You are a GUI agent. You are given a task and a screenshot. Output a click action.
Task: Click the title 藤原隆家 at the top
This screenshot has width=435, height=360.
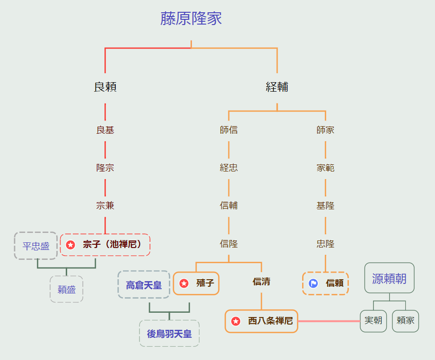(x=191, y=19)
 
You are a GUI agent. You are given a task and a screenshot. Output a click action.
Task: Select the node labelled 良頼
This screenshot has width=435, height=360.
(x=105, y=87)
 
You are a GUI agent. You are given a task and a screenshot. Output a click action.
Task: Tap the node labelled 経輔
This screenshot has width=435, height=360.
(x=277, y=87)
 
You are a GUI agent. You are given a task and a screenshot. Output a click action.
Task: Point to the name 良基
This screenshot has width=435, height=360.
(x=105, y=130)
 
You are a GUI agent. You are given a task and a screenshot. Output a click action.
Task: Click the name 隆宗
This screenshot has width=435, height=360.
(x=105, y=168)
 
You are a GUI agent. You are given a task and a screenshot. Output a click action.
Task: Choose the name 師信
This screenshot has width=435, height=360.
(x=229, y=130)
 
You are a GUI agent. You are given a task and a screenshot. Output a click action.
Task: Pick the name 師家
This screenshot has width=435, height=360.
(x=325, y=130)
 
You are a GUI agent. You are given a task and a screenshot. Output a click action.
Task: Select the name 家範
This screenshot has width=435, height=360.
(x=325, y=168)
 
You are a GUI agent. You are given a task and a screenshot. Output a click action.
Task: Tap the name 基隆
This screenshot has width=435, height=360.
(x=325, y=206)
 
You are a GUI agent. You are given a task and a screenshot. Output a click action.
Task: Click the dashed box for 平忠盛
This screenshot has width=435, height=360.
(x=36, y=246)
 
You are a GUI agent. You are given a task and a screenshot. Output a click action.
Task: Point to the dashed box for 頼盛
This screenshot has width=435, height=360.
(x=67, y=290)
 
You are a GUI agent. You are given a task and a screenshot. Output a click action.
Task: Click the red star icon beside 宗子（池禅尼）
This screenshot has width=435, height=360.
(x=70, y=245)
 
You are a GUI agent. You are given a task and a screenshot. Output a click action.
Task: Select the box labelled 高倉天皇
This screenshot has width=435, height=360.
(x=144, y=285)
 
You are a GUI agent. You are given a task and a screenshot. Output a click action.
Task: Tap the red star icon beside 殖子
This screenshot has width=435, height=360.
(x=184, y=283)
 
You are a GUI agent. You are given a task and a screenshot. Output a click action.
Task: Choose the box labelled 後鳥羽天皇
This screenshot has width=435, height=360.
(x=169, y=334)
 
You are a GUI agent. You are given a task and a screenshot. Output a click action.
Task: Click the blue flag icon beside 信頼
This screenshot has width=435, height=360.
(x=313, y=283)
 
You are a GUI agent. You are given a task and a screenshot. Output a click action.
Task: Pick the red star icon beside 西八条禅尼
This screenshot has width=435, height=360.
(x=236, y=321)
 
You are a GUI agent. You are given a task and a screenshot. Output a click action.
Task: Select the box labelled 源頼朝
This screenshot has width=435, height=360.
(x=389, y=278)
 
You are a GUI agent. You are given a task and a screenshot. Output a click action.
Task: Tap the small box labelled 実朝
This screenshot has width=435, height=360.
(x=373, y=321)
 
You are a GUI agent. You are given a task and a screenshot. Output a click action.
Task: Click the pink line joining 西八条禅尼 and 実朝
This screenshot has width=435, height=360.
(x=329, y=321)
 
